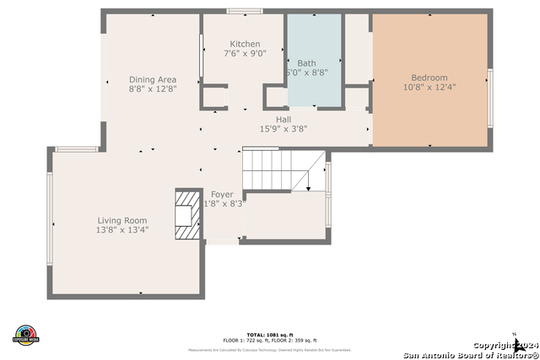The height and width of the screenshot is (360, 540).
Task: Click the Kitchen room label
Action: click(x=245, y=44)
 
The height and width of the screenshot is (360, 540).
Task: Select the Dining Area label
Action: click(x=152, y=79)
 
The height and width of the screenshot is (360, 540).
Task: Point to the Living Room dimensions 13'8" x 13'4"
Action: click(x=122, y=229)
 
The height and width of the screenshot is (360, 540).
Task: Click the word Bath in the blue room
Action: click(x=306, y=63)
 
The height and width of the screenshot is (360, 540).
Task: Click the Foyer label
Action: click(x=222, y=195)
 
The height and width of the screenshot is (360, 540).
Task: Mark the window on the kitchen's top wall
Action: click(x=244, y=11)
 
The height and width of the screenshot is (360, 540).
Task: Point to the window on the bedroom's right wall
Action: click(x=490, y=98)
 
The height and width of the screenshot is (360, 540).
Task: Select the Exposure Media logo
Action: click(x=26, y=334)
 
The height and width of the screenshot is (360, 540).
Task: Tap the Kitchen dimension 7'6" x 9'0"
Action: click(x=245, y=53)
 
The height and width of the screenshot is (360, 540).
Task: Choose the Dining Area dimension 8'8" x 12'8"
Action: click(x=152, y=89)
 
